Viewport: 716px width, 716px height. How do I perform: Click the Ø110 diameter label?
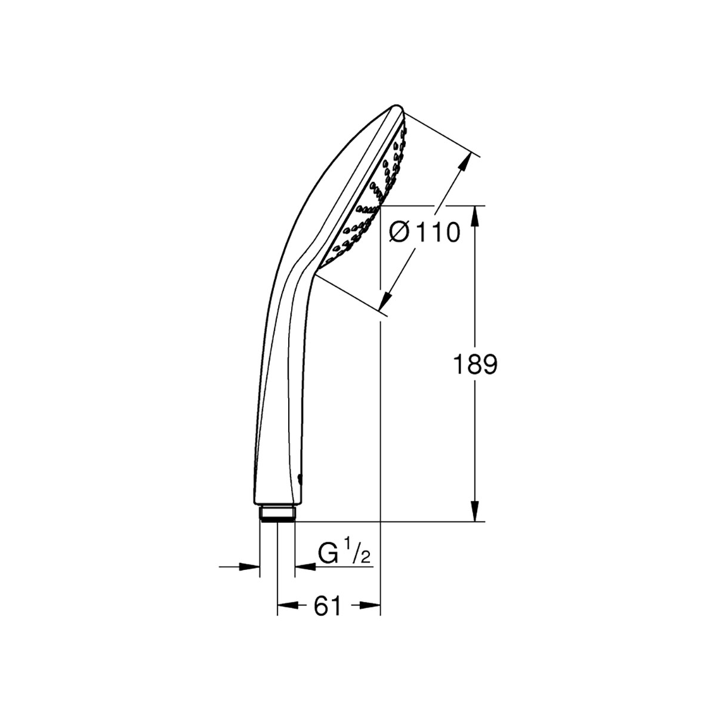[425, 232]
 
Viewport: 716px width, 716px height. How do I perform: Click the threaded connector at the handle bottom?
[277, 514]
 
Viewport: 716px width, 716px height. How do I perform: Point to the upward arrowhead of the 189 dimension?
[475, 216]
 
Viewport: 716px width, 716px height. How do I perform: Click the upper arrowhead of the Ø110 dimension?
[464, 166]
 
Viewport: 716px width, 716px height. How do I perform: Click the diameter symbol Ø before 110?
[398, 232]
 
